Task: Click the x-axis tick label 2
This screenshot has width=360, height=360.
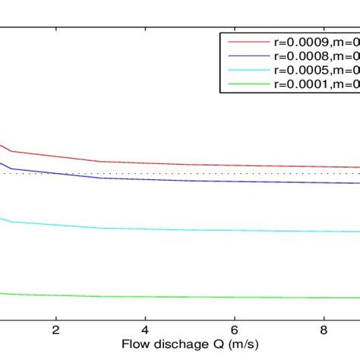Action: point(55,331)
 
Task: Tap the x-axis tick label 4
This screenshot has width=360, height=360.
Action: point(145,331)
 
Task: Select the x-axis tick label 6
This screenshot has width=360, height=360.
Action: point(235,331)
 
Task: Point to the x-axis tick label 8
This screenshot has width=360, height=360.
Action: point(324,331)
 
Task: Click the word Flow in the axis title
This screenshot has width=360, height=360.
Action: point(135,344)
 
